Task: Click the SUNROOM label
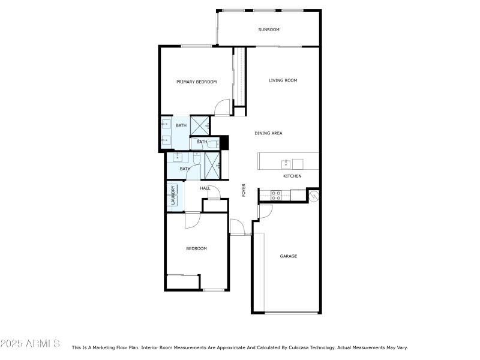pyautogui.click(x=269, y=29)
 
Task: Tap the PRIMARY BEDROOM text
pyautogui.click(x=196, y=82)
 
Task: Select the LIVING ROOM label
pyautogui.click(x=283, y=80)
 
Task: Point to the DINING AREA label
pyautogui.click(x=268, y=133)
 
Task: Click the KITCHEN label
pyautogui.click(x=292, y=176)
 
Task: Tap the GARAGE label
pyautogui.click(x=289, y=256)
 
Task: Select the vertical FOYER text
pyautogui.click(x=244, y=190)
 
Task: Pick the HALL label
pyautogui.click(x=205, y=188)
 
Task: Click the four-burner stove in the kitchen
pyautogui.click(x=276, y=195)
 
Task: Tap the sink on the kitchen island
pyautogui.click(x=286, y=162)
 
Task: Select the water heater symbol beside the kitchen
pyautogui.click(x=313, y=195)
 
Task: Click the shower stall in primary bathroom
pyautogui.click(x=201, y=125)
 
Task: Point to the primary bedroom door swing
pyautogui.click(x=223, y=108)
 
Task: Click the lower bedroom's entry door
pyautogui.click(x=193, y=221)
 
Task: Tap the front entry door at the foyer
pyautogui.click(x=238, y=227)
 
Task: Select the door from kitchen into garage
pyautogui.click(x=265, y=211)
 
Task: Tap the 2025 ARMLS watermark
pyautogui.click(x=30, y=344)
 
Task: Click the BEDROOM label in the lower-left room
pyautogui.click(x=196, y=248)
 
